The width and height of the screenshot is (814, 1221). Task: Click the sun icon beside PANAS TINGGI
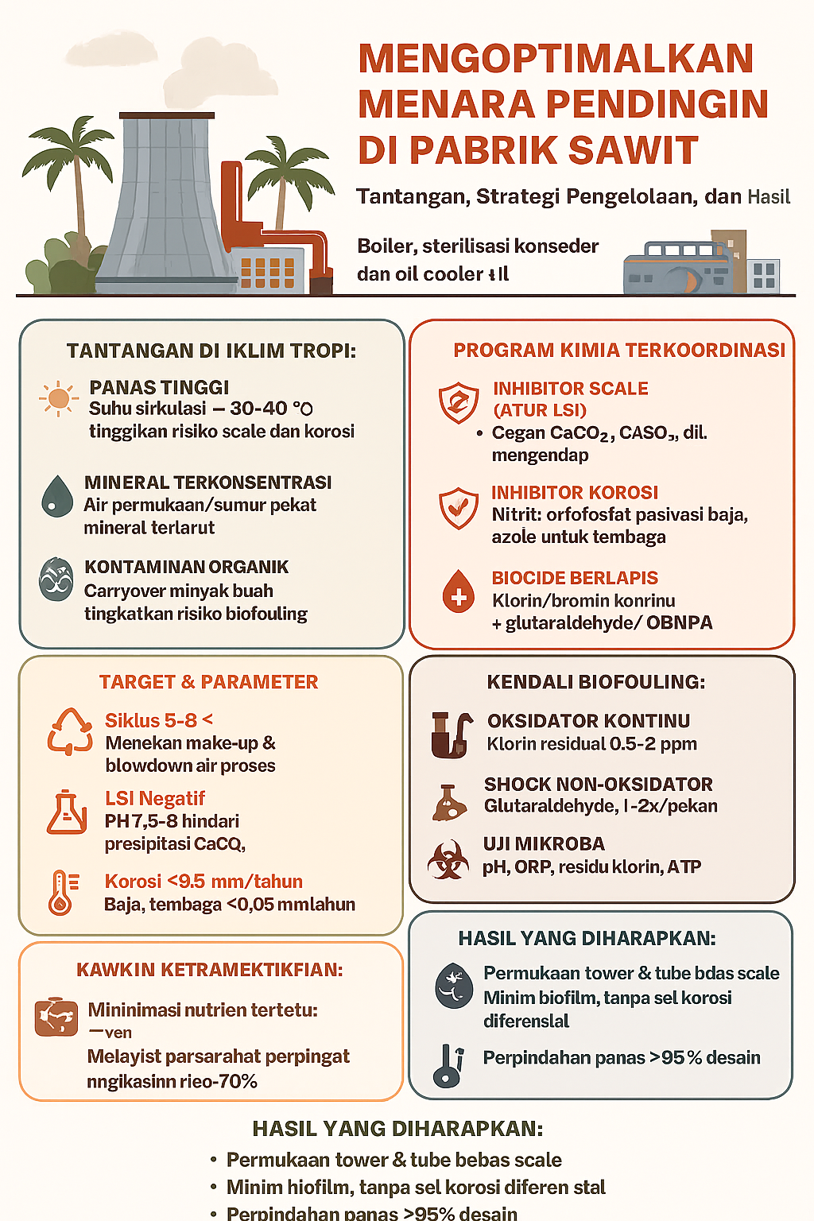point(58,398)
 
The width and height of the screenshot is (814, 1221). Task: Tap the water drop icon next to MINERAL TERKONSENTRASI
point(56,496)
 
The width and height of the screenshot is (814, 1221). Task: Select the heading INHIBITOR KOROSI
point(575,493)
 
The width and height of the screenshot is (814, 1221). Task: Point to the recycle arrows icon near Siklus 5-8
point(70,731)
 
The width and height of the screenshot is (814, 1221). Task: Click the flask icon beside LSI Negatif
point(67,812)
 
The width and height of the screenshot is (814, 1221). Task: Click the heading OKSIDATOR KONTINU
point(588,721)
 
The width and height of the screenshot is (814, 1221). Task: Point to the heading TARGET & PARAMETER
point(208,682)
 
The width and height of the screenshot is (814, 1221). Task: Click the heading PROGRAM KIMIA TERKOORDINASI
point(619,351)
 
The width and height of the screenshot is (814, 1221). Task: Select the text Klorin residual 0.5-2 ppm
point(591,744)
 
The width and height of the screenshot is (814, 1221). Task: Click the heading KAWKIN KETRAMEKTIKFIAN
point(210,970)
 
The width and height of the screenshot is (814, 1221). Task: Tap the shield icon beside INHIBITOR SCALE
point(459,402)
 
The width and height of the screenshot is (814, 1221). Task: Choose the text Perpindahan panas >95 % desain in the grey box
point(622,1058)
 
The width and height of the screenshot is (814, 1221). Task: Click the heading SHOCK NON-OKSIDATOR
point(598,784)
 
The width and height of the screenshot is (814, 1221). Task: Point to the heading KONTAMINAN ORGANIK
point(187,567)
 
